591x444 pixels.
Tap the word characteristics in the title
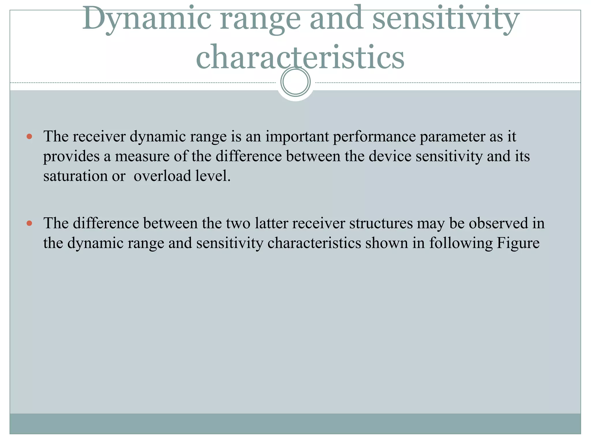pos(300,57)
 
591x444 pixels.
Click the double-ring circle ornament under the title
pos(295,82)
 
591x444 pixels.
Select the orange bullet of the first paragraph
pos(29,136)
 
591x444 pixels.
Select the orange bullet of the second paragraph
pos(29,223)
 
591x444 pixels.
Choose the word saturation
pos(75,176)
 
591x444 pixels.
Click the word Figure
pos(518,243)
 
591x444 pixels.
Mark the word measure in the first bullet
pos(142,156)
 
